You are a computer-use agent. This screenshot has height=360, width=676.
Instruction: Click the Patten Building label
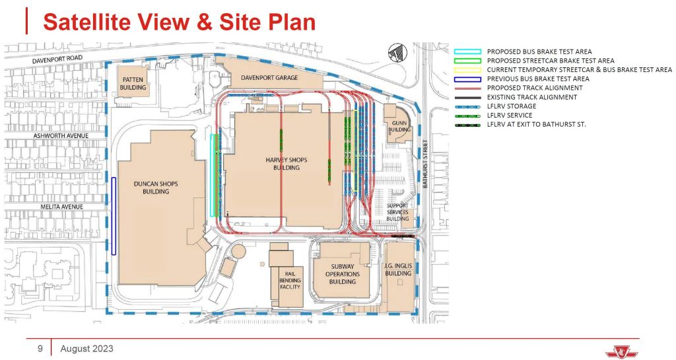(133, 84)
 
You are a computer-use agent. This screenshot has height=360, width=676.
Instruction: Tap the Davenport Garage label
(269, 77)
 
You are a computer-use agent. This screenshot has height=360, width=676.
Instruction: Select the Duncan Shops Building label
(156, 188)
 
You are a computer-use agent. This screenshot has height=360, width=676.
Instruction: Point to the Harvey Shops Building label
(287, 163)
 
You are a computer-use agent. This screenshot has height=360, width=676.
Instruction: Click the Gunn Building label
(399, 126)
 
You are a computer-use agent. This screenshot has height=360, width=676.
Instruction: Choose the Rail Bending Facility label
(290, 280)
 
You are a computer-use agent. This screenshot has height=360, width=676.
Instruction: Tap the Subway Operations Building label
(343, 274)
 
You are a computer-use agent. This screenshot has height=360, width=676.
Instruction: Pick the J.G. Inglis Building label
(398, 270)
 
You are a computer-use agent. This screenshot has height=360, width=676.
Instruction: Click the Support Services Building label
(397, 212)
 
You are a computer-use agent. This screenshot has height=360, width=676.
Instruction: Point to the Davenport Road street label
(57, 59)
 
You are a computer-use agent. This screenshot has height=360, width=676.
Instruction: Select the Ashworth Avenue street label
(61, 136)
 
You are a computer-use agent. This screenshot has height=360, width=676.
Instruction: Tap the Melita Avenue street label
(61, 207)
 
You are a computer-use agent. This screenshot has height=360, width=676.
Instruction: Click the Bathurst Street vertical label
(425, 163)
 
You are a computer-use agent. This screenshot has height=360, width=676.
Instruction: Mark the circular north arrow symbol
(397, 53)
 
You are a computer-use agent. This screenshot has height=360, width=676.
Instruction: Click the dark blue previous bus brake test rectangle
(114, 216)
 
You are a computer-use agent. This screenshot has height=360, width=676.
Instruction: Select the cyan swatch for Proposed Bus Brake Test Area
(467, 52)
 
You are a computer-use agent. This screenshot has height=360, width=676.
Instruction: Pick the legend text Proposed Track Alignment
(535, 88)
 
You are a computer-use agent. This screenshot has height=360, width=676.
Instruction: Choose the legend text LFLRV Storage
(512, 106)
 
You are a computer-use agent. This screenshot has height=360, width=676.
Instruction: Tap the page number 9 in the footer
(40, 348)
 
